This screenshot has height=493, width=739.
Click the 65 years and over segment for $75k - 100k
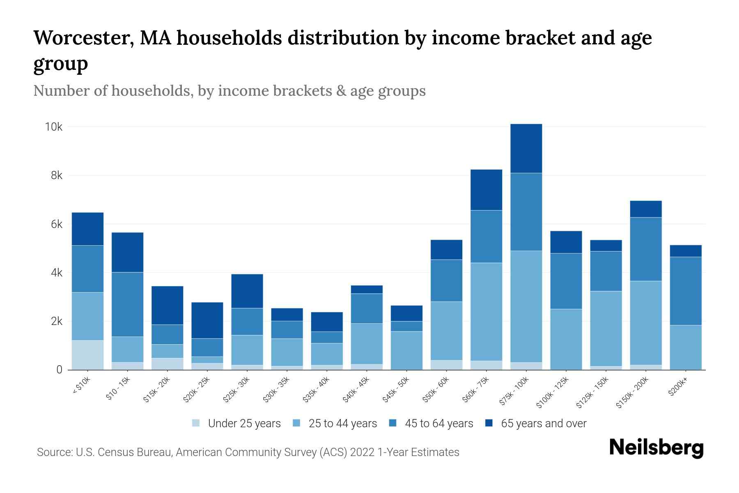[x=526, y=148]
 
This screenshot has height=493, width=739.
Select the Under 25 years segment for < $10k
[x=87, y=355]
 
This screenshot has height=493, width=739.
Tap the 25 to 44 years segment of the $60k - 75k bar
[x=486, y=311]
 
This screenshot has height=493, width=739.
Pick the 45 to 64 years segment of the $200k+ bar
[x=685, y=291]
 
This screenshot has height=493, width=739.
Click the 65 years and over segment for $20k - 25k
[x=207, y=320]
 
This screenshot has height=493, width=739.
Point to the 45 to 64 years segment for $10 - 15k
[x=127, y=304]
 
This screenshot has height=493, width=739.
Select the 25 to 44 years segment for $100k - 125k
[x=566, y=339]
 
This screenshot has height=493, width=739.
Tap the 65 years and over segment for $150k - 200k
[x=645, y=209]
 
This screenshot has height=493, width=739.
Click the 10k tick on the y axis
[x=53, y=127]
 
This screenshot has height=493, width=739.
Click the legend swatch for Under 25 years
[x=196, y=423]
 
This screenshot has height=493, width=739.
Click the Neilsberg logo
[x=656, y=448]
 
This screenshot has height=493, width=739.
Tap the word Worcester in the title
[x=82, y=38]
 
